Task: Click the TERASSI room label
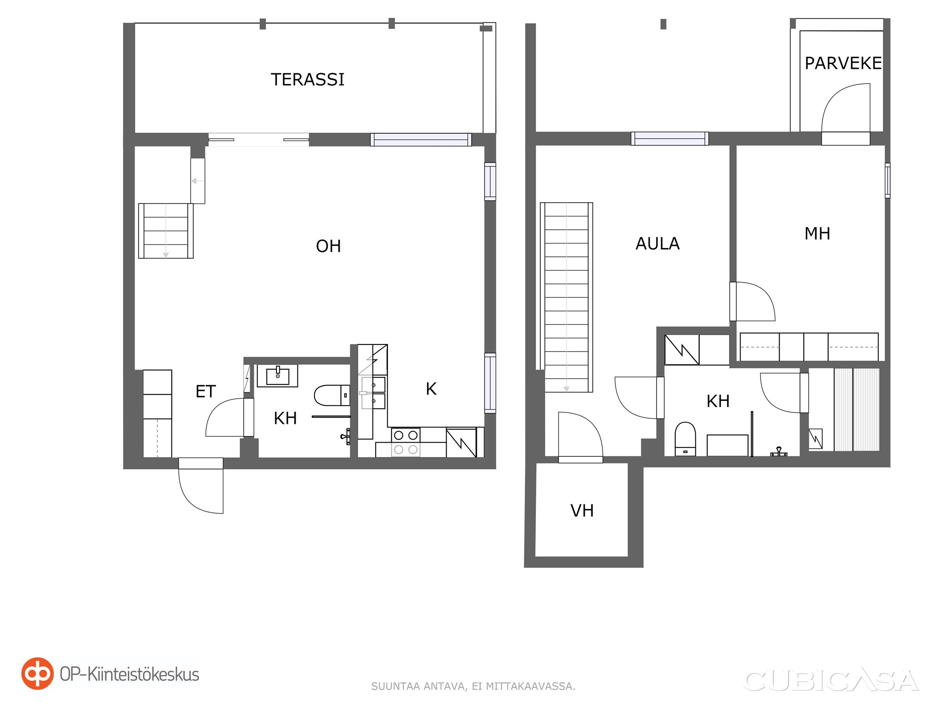[308, 80]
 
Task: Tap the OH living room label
[328, 246]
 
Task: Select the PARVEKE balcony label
[843, 64]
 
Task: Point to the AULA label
[658, 244]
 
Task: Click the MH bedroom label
[817, 234]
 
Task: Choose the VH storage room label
[582, 511]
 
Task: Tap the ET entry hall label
[206, 391]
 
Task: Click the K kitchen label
[431, 389]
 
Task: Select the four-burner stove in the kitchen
[405, 443]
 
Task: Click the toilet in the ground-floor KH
[332, 395]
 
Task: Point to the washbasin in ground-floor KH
[277, 376]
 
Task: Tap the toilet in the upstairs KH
[685, 439]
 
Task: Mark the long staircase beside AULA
[567, 297]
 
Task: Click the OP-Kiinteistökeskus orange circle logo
[37, 674]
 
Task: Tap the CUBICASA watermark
[830, 680]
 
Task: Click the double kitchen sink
[373, 393]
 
